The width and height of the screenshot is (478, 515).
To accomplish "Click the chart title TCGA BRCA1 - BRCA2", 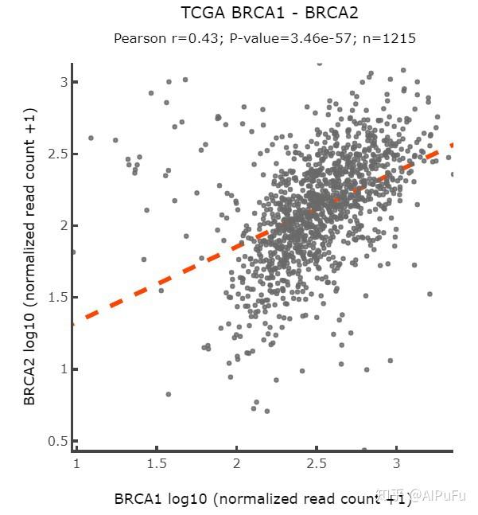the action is tap(270, 14).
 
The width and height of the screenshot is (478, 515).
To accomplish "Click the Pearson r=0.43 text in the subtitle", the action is tap(165, 39).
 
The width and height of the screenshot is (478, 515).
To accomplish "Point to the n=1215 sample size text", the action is tap(389, 39).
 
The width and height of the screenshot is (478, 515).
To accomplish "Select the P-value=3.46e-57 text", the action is tap(290, 39).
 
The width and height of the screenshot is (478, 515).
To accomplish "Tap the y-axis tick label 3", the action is tap(64, 82).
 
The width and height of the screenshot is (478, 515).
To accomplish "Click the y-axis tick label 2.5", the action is tap(58, 154).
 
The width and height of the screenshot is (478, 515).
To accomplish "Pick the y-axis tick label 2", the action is tap(64, 225).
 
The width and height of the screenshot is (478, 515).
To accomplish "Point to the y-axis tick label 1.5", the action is tap(58, 297).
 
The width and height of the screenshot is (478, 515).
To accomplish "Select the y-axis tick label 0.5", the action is tap(58, 441).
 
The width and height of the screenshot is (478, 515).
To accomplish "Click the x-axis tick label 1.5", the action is tap(157, 463).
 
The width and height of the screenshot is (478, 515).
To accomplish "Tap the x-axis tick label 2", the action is tap(236, 463).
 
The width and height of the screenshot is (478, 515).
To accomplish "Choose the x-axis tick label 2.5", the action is tap(317, 463).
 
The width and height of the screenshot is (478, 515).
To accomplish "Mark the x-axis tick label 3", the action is tap(397, 463).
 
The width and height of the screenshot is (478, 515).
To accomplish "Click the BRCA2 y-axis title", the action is tap(29, 256).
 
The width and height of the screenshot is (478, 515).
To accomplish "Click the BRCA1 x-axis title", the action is tap(262, 498).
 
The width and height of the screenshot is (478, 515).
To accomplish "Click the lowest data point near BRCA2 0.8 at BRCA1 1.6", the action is tap(169, 394).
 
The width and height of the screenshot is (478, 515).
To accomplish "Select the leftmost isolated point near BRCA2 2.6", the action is tap(91, 138).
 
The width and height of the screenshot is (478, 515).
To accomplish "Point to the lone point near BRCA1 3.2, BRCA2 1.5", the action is tap(429, 294).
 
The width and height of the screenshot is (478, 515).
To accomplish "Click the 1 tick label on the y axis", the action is tap(64, 369).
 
